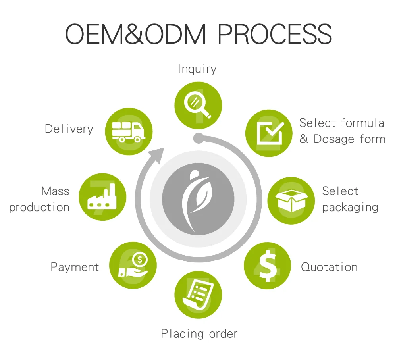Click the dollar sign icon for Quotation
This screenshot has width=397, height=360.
[x=267, y=266]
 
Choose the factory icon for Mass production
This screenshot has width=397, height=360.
[x=102, y=197]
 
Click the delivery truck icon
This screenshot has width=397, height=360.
[x=128, y=131]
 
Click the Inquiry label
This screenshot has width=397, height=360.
[x=197, y=69]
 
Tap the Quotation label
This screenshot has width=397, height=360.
[x=329, y=267]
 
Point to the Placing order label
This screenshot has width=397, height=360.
[x=199, y=333]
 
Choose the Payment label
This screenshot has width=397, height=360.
[x=75, y=267]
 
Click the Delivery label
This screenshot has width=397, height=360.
[x=69, y=129]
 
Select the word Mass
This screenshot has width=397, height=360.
[x=55, y=191]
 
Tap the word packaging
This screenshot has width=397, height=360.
[x=350, y=207]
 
